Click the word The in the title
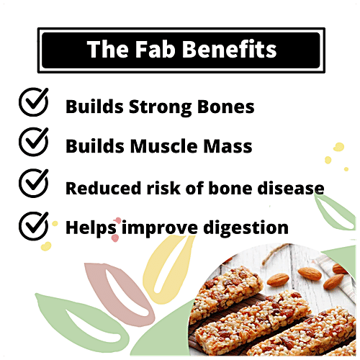106,50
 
